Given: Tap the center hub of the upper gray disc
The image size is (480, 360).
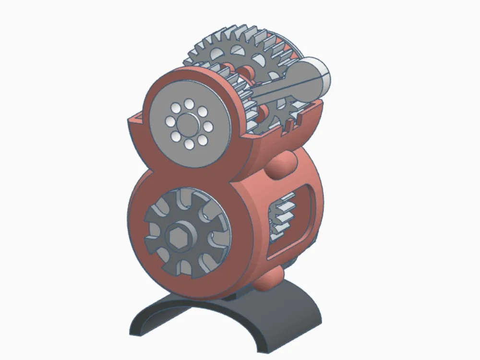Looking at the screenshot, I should coord(188,123).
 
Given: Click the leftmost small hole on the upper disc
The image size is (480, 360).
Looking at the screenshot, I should coord(169,121).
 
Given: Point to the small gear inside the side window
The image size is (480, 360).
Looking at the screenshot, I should coord(281,216).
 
